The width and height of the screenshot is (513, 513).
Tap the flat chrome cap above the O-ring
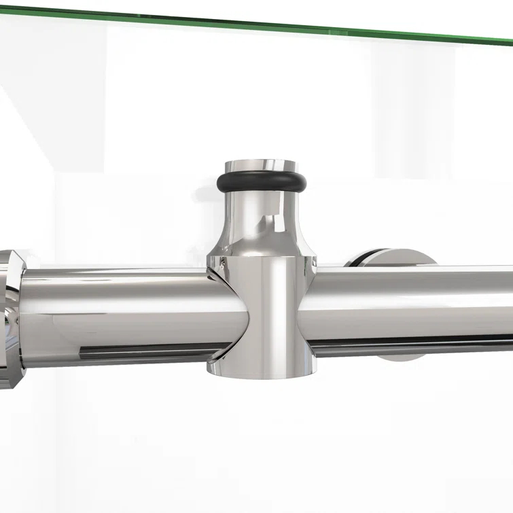(x=261, y=165)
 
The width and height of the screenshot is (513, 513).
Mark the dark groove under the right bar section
(x=421, y=344)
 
